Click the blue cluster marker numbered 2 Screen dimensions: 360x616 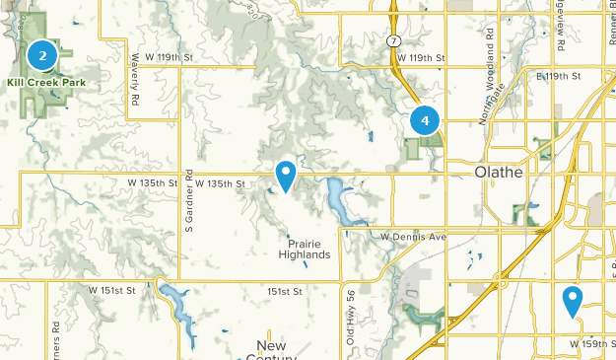coord(42,56)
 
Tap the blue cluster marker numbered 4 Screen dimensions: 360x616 coord(425,120)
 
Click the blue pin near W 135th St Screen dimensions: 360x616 coord(286,176)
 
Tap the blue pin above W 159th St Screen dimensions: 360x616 coord(573,300)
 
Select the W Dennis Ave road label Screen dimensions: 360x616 coord(414,237)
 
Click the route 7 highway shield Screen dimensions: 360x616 coord(391,40)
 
